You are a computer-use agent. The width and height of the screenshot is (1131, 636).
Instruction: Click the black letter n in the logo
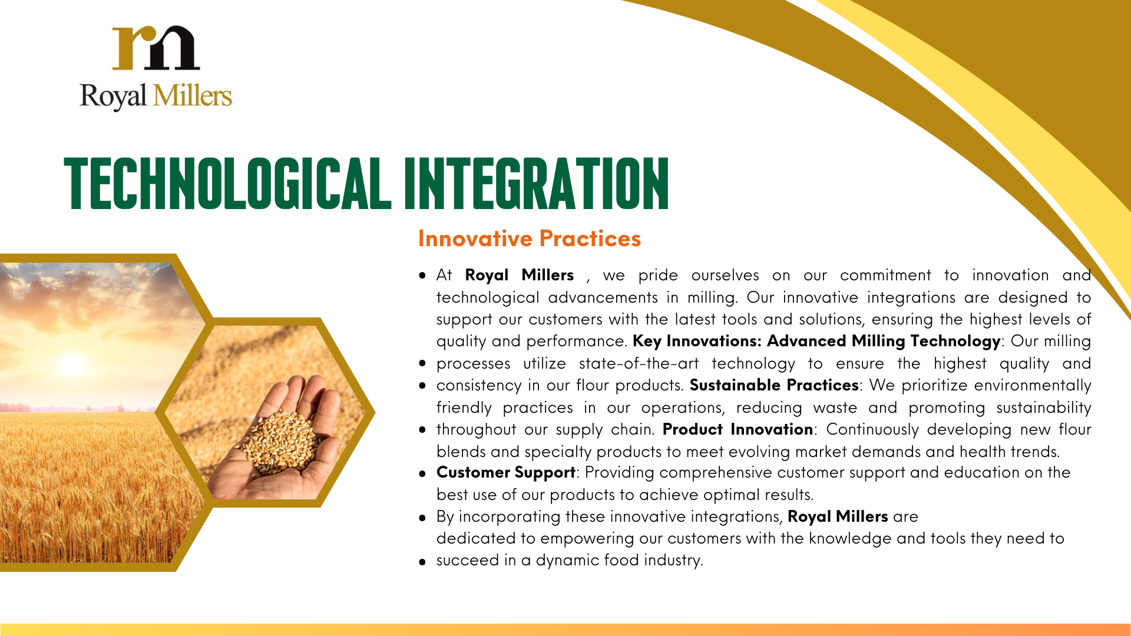pos(174,47)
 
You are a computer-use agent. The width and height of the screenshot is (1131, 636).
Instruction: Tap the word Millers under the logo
pos(193,96)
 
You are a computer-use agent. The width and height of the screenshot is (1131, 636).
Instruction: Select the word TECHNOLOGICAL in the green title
pos(227,183)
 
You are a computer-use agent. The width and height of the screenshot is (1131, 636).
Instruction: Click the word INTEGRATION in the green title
pos(537,183)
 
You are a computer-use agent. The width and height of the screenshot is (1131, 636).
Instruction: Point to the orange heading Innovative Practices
pos(530,238)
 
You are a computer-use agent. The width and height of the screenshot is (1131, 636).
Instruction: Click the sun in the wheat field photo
pos(72,365)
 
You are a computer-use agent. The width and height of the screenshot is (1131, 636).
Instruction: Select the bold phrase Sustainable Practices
pos(774,385)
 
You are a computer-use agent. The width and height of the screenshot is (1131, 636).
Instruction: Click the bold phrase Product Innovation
pos(738,429)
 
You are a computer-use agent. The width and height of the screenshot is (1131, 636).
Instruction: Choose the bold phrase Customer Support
pos(506,473)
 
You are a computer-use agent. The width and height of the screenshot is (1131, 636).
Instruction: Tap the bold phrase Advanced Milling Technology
pos(884,342)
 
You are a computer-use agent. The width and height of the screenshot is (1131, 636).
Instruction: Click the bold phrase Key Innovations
pos(697,341)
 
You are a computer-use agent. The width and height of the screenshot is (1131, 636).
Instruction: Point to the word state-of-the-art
pos(639,363)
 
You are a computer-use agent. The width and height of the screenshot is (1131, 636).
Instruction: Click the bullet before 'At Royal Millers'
pos(422,275)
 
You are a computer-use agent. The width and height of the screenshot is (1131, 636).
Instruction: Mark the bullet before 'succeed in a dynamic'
pos(422,562)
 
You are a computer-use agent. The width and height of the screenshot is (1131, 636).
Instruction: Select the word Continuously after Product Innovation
pos(872,430)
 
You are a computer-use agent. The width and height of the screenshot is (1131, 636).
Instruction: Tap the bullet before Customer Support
pos(422,473)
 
